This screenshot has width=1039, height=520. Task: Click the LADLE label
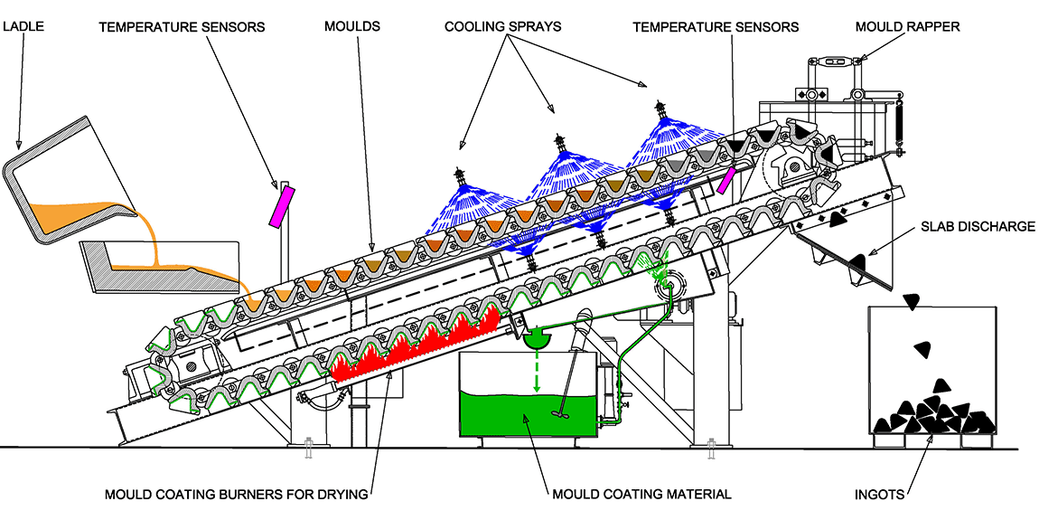23,27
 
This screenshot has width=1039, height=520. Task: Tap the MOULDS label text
352,27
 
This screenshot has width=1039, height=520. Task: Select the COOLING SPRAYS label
502,27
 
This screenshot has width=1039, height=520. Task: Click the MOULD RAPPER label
907,27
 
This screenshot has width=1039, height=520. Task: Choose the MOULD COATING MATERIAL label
641,495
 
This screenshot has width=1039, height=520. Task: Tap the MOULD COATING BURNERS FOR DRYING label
237,495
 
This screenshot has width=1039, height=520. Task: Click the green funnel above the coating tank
535,338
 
